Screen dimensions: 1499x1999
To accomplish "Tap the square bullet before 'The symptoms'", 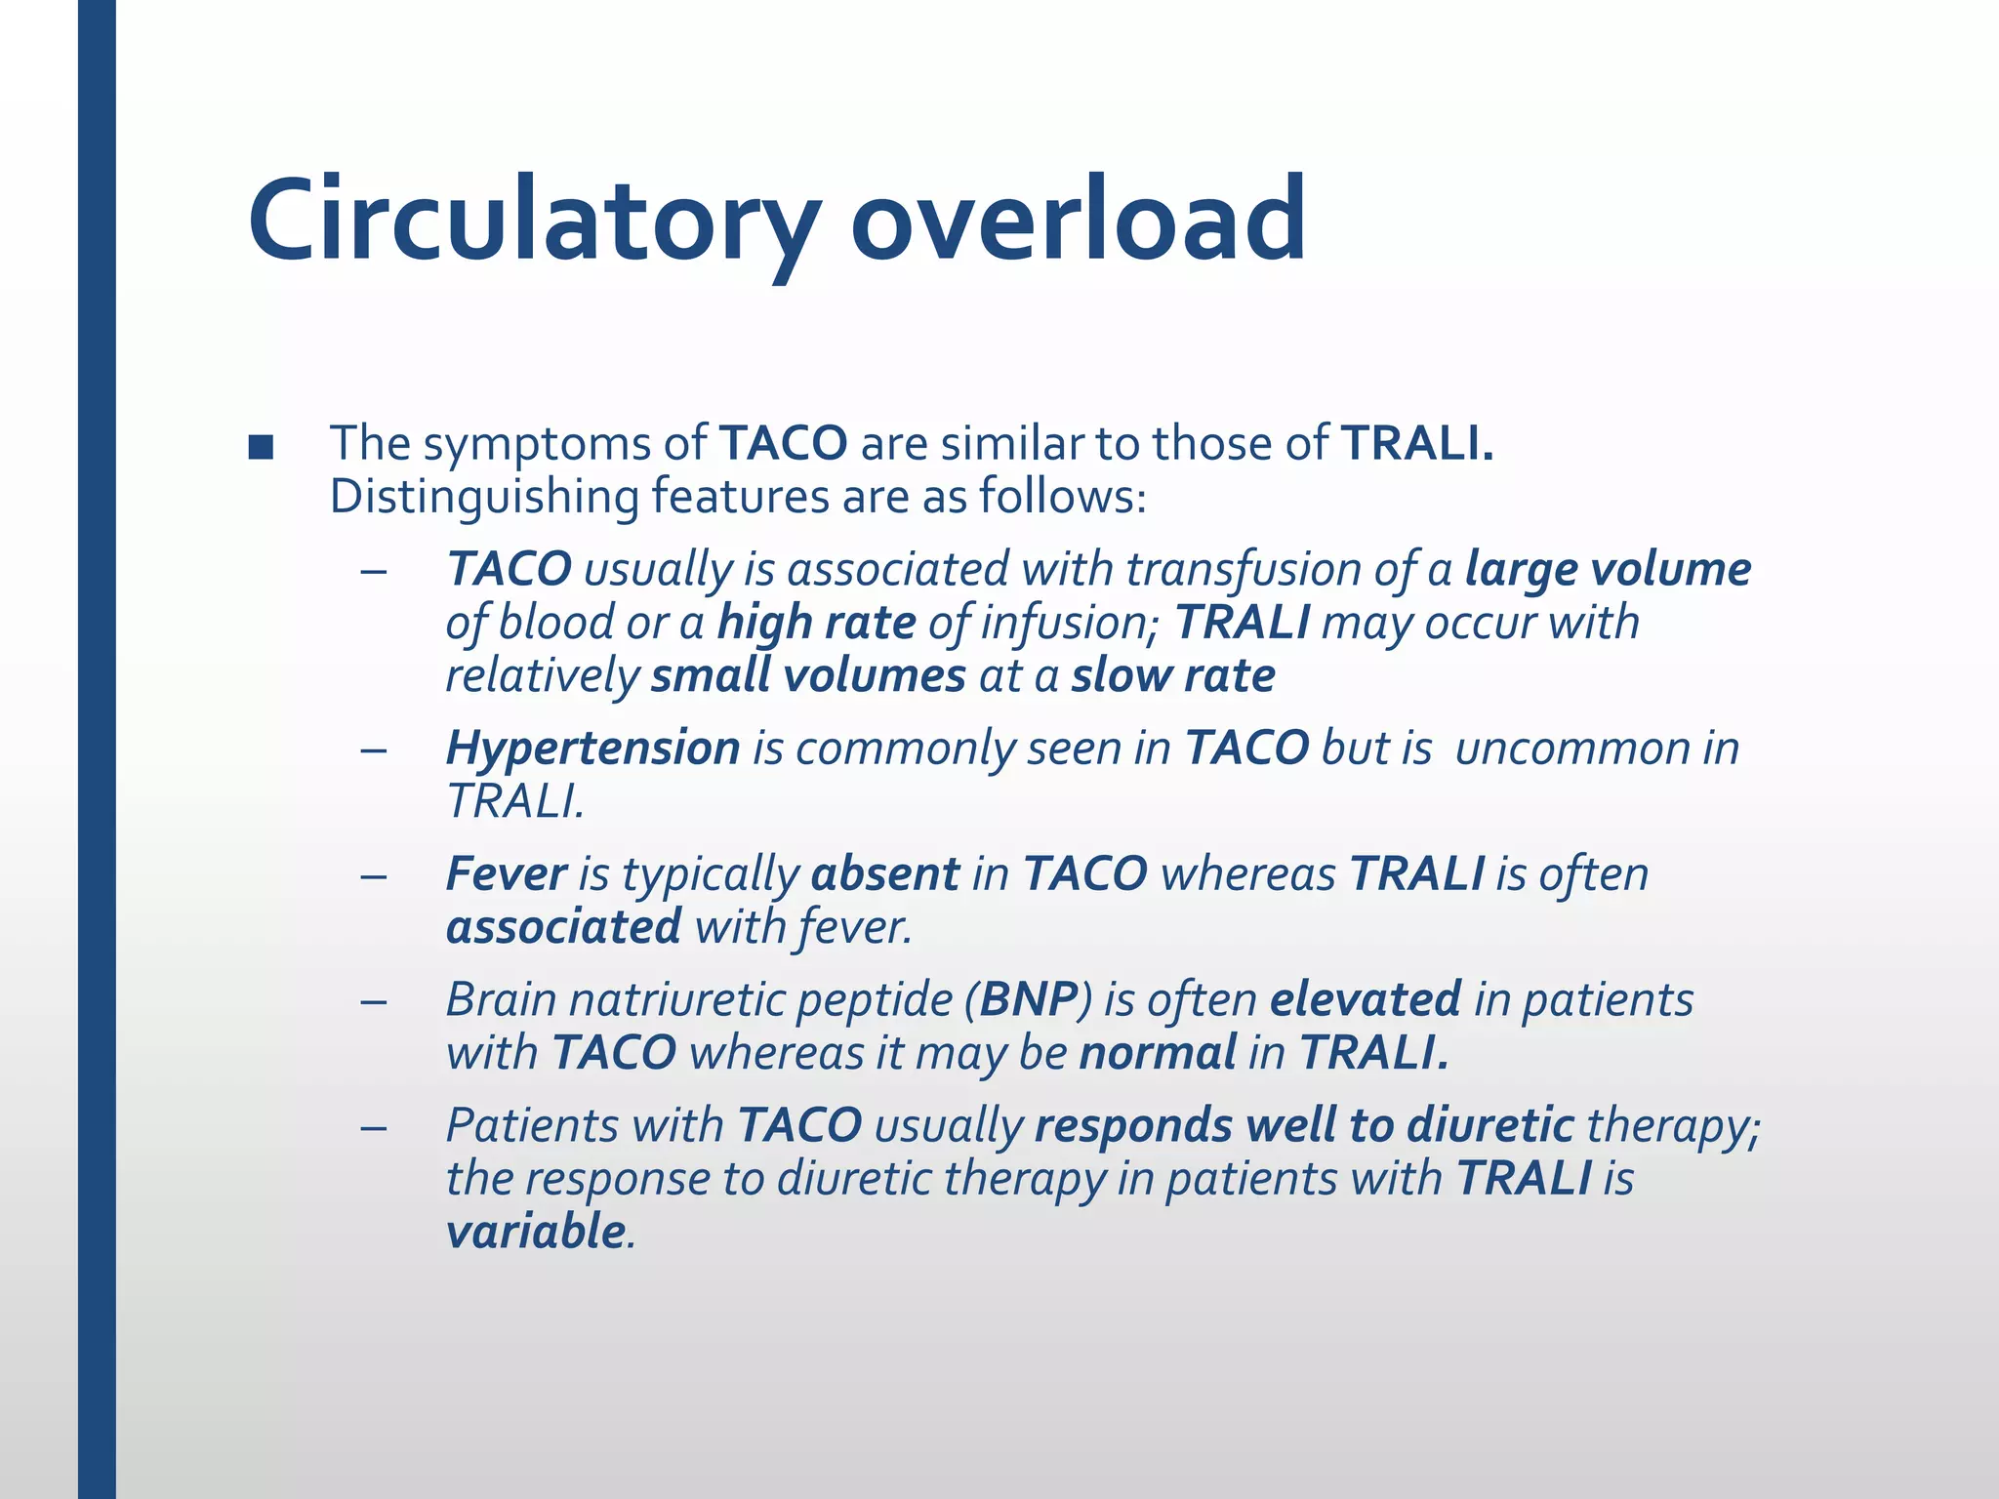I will pos(261,447).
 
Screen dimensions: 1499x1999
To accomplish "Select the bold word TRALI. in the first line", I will pos(1417,443).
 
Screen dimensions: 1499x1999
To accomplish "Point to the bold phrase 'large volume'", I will pos(1608,569).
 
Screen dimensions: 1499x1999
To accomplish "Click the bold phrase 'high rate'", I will pos(816,623).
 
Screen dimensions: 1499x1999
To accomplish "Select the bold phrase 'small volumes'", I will pos(808,675).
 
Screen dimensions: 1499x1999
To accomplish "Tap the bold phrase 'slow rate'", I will pos(1173,675).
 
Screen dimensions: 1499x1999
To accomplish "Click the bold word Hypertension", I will pos(592,749).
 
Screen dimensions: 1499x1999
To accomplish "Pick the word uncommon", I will pos(1571,749).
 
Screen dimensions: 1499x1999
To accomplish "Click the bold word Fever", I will pos(506,873).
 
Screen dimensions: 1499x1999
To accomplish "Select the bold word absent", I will pos(885,873).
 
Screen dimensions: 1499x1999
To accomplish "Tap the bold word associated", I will pos(563,926).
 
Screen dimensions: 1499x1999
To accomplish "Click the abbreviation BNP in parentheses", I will pos(1029,999).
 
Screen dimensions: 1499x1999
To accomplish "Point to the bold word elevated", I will pos(1365,999).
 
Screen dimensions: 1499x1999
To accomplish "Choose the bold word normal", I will pos(1158,1052).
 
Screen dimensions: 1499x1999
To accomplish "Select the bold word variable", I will pos(535,1232).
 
